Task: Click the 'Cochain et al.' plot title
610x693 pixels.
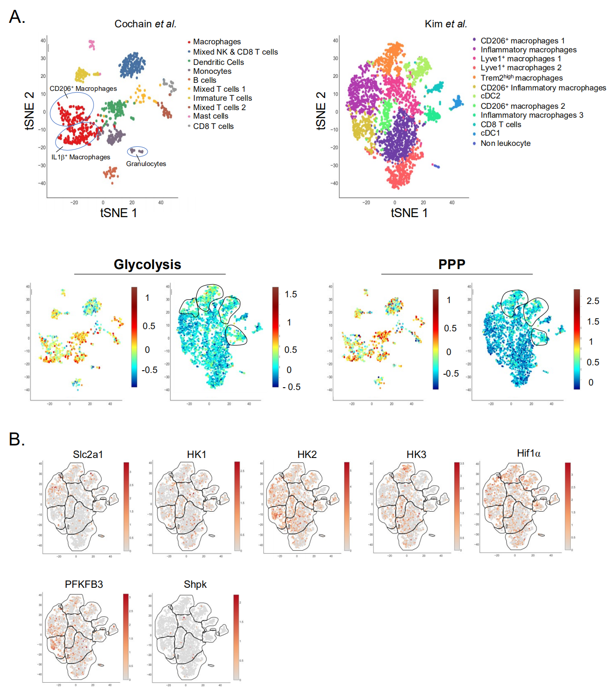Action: pos(145,24)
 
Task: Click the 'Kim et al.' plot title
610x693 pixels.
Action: pos(445,24)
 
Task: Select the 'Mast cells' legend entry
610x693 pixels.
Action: pos(210,116)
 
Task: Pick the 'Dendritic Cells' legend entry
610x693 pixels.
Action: pos(218,62)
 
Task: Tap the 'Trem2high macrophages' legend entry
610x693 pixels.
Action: pos(521,78)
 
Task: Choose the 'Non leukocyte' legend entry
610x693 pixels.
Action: pos(505,143)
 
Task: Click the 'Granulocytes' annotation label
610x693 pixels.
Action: pos(146,164)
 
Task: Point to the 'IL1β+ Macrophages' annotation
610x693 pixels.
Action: pos(80,157)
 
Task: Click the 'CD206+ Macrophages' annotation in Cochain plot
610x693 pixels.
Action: pos(83,89)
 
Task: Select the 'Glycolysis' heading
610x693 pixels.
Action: pos(147,265)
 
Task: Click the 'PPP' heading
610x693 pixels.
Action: pos(452,264)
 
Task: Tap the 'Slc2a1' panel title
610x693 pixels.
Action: pos(88,454)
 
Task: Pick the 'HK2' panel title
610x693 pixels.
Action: pos(307,454)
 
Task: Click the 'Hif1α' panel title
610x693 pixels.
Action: pos(529,453)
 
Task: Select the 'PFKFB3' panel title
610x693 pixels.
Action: pos(84,584)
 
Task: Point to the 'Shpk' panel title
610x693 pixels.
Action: pos(195,584)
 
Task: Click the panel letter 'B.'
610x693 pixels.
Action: pos(17,440)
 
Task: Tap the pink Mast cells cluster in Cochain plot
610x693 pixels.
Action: pos(92,44)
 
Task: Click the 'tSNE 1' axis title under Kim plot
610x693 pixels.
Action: pos(409,213)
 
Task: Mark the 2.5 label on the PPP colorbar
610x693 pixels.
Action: pos(593,301)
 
